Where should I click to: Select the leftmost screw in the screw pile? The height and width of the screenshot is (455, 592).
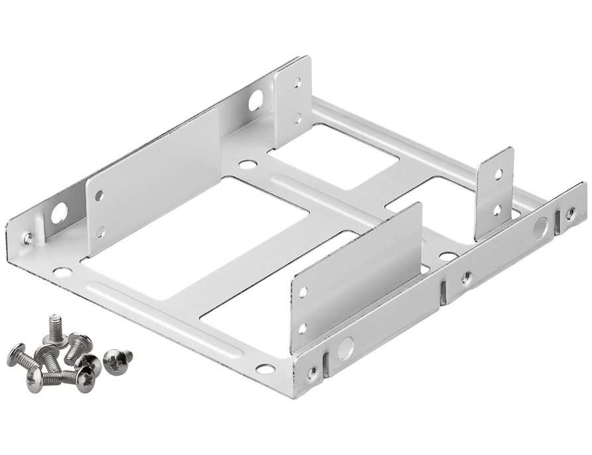click(x=20, y=356)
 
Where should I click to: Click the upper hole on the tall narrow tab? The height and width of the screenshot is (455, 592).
click(x=499, y=175)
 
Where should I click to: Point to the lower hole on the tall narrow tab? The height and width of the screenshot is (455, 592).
click(x=497, y=209)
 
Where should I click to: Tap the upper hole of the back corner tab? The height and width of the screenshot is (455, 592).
click(x=298, y=83)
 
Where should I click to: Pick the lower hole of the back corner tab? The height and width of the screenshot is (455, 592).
click(x=298, y=118)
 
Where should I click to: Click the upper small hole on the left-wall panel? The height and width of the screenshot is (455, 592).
click(x=99, y=196)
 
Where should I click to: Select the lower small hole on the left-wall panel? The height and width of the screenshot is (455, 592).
click(x=101, y=231)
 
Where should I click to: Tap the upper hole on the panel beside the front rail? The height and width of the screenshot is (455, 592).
click(x=303, y=291)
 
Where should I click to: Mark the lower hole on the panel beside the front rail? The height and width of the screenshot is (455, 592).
click(x=303, y=327)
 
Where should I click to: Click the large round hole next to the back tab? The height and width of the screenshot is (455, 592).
click(x=255, y=101)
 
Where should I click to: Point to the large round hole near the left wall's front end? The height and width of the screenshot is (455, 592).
click(x=59, y=213)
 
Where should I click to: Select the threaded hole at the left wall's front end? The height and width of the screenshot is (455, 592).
click(x=28, y=238)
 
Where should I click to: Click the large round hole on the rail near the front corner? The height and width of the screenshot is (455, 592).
click(x=346, y=348)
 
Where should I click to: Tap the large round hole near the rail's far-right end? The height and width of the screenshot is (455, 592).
click(x=540, y=228)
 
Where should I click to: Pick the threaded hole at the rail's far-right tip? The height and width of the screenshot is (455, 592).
click(x=570, y=214)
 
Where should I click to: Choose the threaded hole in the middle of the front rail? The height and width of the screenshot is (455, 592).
click(x=467, y=277)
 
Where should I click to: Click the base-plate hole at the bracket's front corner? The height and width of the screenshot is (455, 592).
click(x=266, y=368)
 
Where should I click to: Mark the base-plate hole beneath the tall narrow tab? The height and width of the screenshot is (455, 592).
click(x=448, y=256)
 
